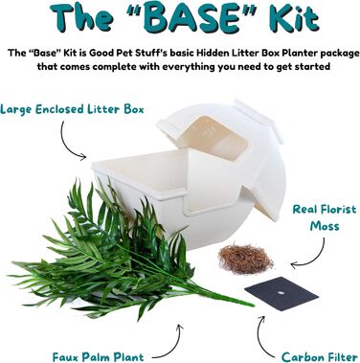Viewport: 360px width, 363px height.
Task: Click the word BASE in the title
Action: [191, 18]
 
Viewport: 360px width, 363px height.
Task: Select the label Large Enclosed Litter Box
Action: [72, 109]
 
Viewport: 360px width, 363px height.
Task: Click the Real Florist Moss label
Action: [324, 217]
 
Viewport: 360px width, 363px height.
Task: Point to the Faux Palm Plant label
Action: [99, 356]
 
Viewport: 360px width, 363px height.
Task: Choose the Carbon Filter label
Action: [320, 356]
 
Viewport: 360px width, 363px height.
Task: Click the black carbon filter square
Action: [281, 294]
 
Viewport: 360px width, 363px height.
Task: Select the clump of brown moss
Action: [246, 259]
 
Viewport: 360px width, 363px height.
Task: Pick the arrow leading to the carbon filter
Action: [260, 338]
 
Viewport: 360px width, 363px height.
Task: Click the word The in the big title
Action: [81, 18]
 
